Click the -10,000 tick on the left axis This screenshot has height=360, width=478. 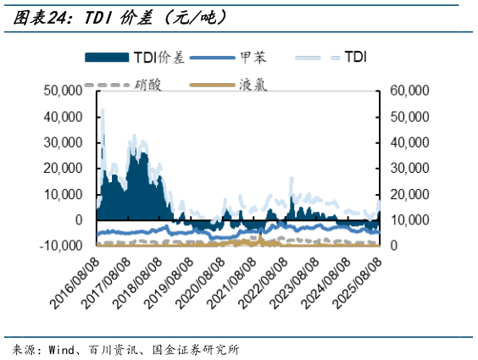coord(60,246)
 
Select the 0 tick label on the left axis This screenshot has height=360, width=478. coord(79,220)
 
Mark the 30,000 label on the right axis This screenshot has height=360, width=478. coord(409,168)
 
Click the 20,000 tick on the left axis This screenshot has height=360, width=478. coord(63,168)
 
